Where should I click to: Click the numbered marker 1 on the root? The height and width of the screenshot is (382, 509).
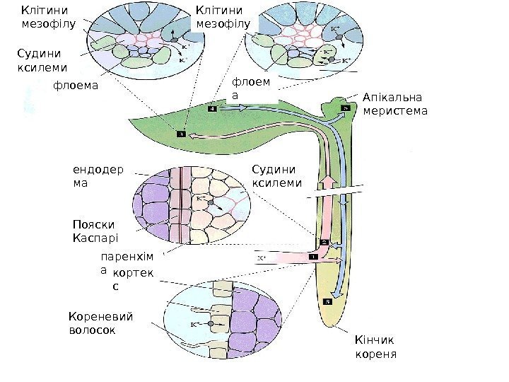(x=313, y=257)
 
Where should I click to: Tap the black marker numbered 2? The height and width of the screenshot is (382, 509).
(x=324, y=242)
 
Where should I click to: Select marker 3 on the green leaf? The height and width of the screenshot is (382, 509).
(x=181, y=133)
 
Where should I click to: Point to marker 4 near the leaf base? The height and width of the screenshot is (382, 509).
(x=212, y=110)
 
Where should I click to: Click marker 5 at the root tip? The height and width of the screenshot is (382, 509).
(x=327, y=302)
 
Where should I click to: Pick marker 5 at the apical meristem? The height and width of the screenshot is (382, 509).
(x=346, y=108)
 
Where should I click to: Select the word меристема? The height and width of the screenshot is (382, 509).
(x=394, y=110)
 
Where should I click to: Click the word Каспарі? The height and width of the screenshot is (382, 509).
(x=95, y=238)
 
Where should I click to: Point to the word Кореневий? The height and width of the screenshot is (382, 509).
(x=101, y=316)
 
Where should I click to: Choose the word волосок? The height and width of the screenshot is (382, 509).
(x=92, y=330)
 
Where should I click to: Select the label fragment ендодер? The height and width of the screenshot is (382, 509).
(x=98, y=170)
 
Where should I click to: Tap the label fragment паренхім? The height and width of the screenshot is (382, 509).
(x=122, y=256)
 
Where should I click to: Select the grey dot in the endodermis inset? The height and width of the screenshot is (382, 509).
(x=211, y=202)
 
